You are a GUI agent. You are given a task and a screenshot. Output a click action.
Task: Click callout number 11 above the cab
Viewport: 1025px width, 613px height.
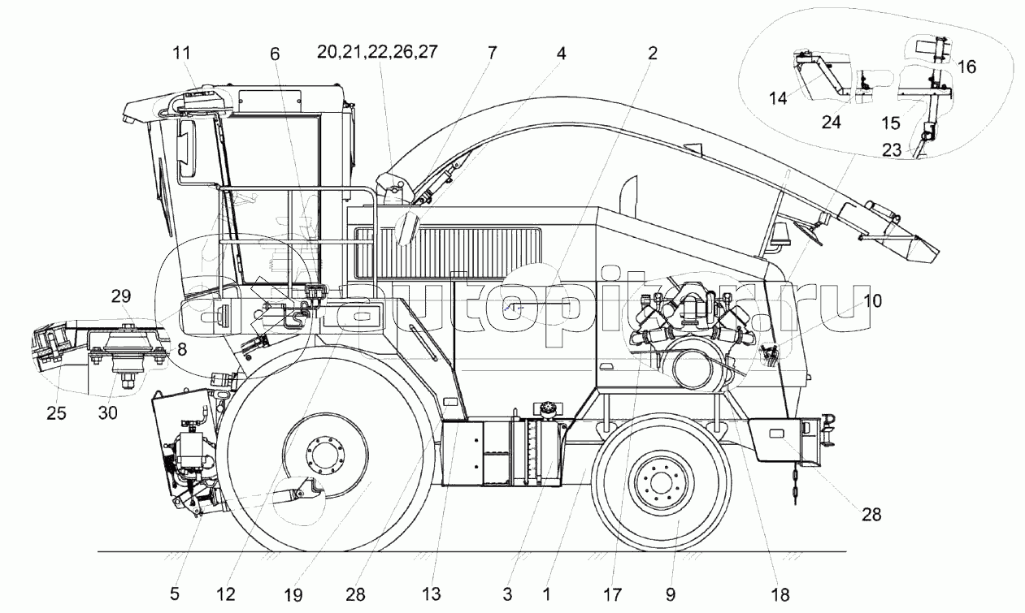click(x=181, y=53)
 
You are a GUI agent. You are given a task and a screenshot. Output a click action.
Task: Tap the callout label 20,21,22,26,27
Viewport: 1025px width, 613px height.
click(x=377, y=52)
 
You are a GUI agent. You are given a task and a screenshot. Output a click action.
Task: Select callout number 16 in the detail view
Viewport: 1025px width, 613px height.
click(x=966, y=67)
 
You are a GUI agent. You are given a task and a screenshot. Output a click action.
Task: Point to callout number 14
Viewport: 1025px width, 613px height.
click(x=778, y=97)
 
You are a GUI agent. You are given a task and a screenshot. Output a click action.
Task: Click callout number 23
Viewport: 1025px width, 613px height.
click(x=892, y=150)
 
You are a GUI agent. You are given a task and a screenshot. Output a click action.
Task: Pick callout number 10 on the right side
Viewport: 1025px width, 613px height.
click(x=873, y=300)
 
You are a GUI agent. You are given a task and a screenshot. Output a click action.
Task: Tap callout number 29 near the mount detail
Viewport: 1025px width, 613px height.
click(x=121, y=296)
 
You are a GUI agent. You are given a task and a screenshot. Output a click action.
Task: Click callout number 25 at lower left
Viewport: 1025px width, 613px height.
click(x=56, y=413)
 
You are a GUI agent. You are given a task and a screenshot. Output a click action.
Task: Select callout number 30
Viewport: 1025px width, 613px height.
click(x=108, y=413)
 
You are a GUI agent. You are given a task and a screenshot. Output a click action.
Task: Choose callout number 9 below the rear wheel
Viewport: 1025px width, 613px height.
click(x=671, y=594)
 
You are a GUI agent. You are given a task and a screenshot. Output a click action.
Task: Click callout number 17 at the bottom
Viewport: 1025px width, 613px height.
click(x=613, y=594)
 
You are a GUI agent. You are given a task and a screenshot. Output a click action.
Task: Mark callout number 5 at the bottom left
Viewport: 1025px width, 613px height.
click(x=174, y=594)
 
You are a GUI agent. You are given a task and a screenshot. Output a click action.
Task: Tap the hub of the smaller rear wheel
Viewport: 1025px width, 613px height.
click(x=660, y=483)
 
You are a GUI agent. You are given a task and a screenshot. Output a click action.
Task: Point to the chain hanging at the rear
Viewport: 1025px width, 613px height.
click(x=796, y=486)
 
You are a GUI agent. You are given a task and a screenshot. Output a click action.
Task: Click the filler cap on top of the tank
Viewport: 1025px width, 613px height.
click(x=545, y=408)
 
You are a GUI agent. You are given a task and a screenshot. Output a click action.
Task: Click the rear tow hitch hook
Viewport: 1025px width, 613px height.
click(x=827, y=430)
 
